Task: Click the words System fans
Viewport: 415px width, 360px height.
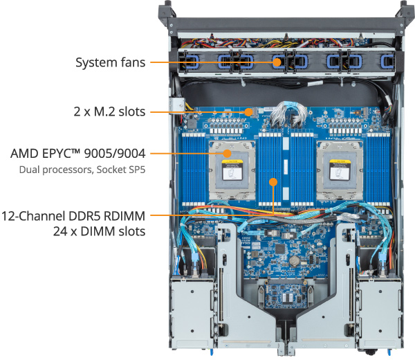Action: pos(111,62)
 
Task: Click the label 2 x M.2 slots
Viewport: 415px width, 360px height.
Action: pos(109,111)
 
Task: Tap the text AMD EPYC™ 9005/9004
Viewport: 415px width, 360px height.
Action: pos(78,154)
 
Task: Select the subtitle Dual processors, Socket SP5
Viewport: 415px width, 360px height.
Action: pos(82,170)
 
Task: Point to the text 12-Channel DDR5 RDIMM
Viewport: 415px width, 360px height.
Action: pos(73,216)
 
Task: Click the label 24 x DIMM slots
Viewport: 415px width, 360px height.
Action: pos(99,231)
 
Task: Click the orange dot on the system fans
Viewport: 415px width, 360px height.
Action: pos(277,62)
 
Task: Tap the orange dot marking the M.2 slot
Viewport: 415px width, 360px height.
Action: pos(248,112)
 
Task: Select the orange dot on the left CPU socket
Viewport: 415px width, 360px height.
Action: pos(227,154)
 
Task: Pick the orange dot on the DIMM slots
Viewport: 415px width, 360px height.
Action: pos(273,182)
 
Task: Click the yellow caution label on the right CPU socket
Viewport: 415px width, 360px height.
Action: pos(339,161)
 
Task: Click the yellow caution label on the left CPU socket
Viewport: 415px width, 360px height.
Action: pos(232,162)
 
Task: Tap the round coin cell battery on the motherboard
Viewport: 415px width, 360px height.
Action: pos(294,261)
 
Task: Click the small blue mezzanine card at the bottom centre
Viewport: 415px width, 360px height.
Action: pos(286,296)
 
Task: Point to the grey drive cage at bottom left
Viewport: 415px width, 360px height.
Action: pos(192,313)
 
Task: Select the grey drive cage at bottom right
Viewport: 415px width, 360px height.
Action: pos(380,313)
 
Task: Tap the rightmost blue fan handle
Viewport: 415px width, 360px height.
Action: pos(387,62)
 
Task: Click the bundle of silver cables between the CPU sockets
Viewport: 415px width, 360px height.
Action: pos(288,114)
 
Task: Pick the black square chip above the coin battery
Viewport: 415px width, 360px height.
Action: pos(279,249)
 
